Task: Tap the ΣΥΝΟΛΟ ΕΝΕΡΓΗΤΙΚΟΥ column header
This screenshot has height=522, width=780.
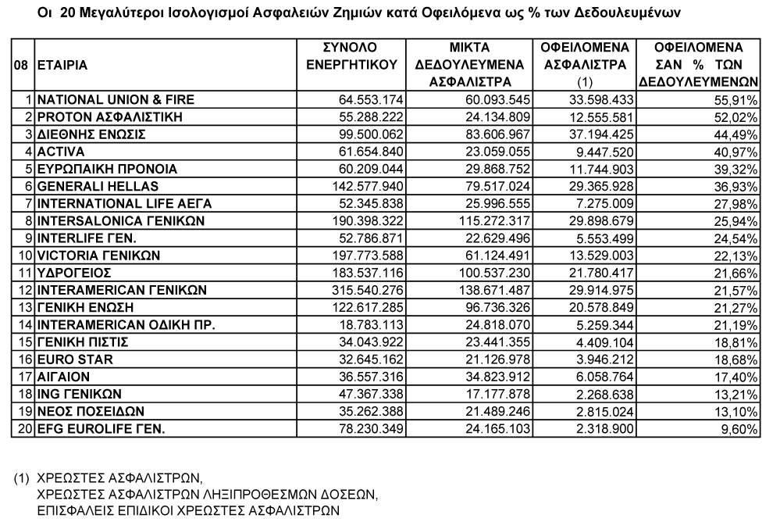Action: click(351, 55)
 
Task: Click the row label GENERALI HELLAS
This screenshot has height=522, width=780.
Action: click(98, 186)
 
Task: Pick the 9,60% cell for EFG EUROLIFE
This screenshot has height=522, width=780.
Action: click(743, 427)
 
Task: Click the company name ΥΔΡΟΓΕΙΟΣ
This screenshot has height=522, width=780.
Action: click(75, 272)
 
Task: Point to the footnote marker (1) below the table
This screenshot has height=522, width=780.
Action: click(22, 475)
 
